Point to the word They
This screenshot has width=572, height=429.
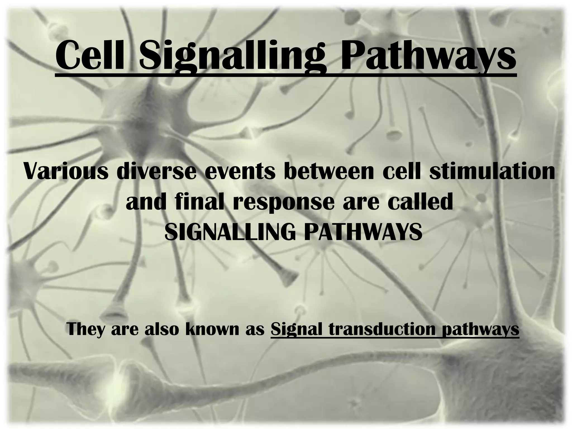pos(85,330)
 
